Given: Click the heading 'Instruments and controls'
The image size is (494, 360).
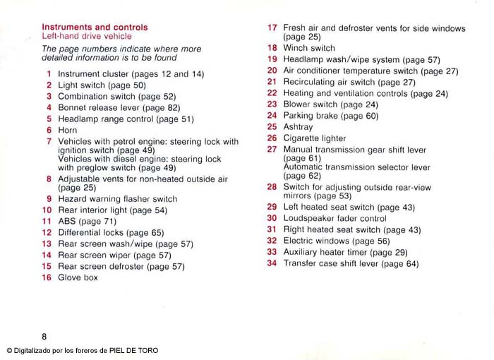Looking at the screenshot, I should pyautogui.click(x=95, y=28).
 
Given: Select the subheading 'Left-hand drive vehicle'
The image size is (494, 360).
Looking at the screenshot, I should pyautogui.click(x=86, y=36).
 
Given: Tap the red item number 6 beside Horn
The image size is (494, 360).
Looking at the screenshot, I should pyautogui.click(x=49, y=131).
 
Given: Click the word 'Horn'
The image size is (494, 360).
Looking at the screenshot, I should pyautogui.click(x=68, y=131).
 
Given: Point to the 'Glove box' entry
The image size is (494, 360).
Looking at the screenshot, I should pyautogui.click(x=78, y=278).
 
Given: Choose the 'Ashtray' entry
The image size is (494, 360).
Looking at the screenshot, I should pyautogui.click(x=299, y=127).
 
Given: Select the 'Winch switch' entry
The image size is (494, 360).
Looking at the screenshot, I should pyautogui.click(x=309, y=49).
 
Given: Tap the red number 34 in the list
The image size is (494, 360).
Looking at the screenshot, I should pyautogui.click(x=272, y=264).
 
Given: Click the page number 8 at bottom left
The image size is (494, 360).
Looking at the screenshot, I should pyautogui.click(x=44, y=337).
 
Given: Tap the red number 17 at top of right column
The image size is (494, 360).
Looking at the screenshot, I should pyautogui.click(x=272, y=28).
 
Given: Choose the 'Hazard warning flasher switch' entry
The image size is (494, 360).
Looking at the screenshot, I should pyautogui.click(x=117, y=199).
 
